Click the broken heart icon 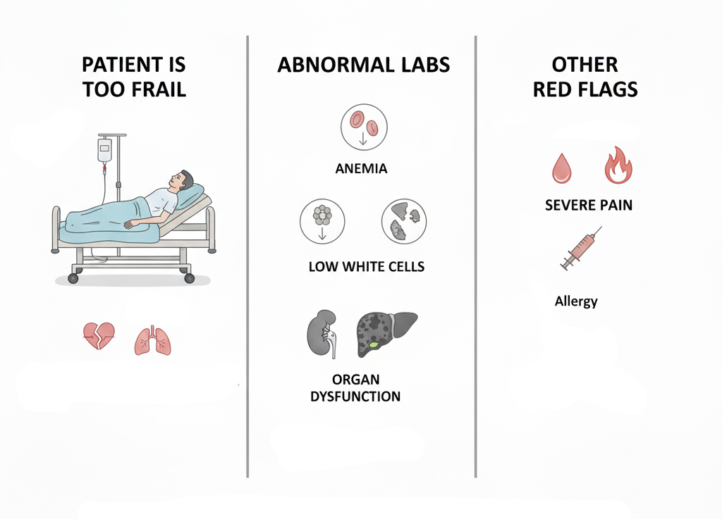(x=99, y=336)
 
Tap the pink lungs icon (x=152, y=341)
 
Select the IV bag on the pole (x=104, y=150)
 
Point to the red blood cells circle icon (x=364, y=127)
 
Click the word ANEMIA (x=361, y=169)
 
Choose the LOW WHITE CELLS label (x=367, y=267)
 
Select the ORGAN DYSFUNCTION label (x=355, y=388)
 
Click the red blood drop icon (x=562, y=168)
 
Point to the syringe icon (x=581, y=249)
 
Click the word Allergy (x=576, y=301)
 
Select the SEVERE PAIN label (x=589, y=205)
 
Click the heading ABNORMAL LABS (x=363, y=65)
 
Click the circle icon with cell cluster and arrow (x=322, y=222)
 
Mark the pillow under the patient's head (x=190, y=195)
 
